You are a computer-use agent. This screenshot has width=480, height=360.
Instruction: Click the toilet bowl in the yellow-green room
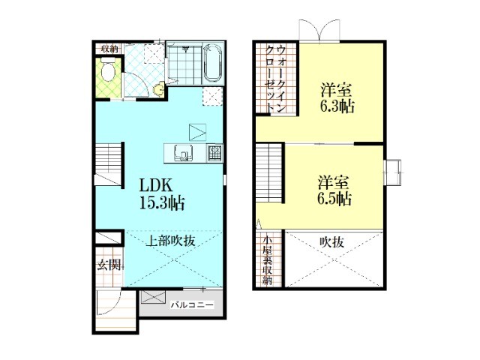pyautogui.click(x=109, y=73)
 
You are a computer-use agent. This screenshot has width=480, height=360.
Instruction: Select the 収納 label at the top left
pyautogui.click(x=110, y=49)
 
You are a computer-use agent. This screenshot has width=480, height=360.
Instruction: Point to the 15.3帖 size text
pyautogui.click(x=161, y=202)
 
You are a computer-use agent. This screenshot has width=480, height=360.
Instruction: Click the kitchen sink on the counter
pyautogui.click(x=183, y=152)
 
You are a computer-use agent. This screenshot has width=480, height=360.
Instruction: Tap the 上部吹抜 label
pyautogui.click(x=170, y=241)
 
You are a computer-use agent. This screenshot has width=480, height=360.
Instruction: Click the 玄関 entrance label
pyautogui.click(x=108, y=264)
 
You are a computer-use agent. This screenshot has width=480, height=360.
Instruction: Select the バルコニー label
pyautogui.click(x=192, y=305)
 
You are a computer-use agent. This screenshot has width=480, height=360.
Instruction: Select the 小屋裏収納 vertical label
pyautogui.click(x=267, y=261)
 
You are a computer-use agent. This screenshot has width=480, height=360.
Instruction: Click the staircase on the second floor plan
pyautogui.click(x=270, y=172)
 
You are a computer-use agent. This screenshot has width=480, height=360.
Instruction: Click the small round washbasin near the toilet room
pyautogui.click(x=158, y=88)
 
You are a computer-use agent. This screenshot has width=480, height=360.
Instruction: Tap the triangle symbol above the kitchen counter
pyautogui.click(x=196, y=131)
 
